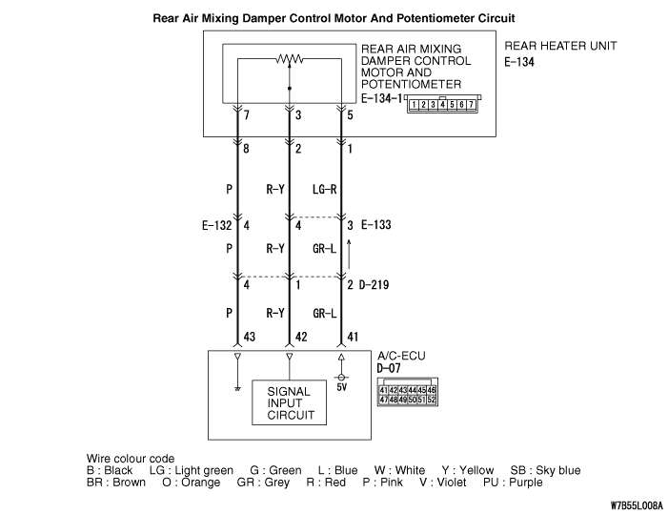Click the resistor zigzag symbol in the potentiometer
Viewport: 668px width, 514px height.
(289, 59)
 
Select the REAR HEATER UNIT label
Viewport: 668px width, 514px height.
(560, 46)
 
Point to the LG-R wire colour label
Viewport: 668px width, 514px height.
(325, 190)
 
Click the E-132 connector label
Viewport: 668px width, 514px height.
(217, 226)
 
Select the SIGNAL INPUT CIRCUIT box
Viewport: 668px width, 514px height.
(289, 403)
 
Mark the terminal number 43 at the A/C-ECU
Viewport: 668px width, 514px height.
(250, 337)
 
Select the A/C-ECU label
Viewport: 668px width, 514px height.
(401, 356)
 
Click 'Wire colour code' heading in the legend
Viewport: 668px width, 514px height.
(131, 458)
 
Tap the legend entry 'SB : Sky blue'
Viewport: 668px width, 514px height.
(545, 470)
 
